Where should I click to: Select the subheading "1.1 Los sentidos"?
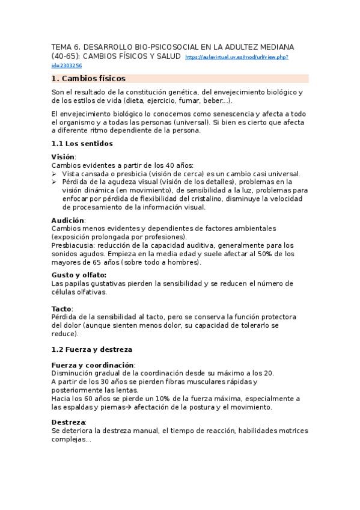point(82,144)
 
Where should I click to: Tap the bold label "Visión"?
point(63,157)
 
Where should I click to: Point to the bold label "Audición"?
point(68,220)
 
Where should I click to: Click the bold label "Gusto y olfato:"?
point(79,275)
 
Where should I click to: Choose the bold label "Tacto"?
point(62,309)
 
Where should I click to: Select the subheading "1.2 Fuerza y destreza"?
point(92,349)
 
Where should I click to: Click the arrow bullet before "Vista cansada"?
point(55,174)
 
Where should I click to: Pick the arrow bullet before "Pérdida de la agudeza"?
point(55,182)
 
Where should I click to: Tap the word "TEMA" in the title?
point(61,46)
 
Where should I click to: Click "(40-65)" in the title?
point(66,56)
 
